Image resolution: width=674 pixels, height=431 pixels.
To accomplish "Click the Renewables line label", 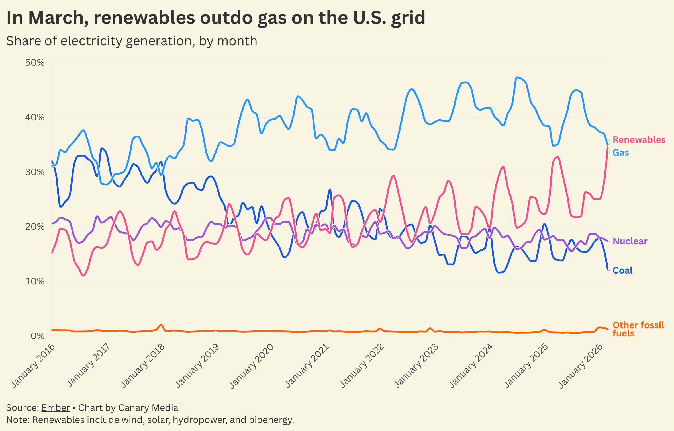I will tap(639, 140).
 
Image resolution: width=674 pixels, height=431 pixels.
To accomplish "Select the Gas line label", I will tap(620, 153).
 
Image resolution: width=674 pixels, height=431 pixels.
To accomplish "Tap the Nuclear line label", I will tap(630, 241).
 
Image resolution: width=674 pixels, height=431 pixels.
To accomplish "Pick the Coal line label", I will tap(622, 270).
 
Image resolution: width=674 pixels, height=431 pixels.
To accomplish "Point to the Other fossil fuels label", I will tap(638, 329).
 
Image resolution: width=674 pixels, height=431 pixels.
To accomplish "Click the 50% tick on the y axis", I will tap(35, 63).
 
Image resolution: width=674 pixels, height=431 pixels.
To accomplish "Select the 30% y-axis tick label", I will tap(35, 172).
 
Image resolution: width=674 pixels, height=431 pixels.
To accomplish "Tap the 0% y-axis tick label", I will tap(37, 336).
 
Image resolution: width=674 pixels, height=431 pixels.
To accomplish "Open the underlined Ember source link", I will tap(56, 408).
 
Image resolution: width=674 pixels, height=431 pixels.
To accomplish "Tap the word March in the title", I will tap(58, 18).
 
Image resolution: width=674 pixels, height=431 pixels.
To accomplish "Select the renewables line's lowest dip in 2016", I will tap(83, 275).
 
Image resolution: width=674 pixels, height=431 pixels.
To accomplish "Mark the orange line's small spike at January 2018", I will tap(161, 325).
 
